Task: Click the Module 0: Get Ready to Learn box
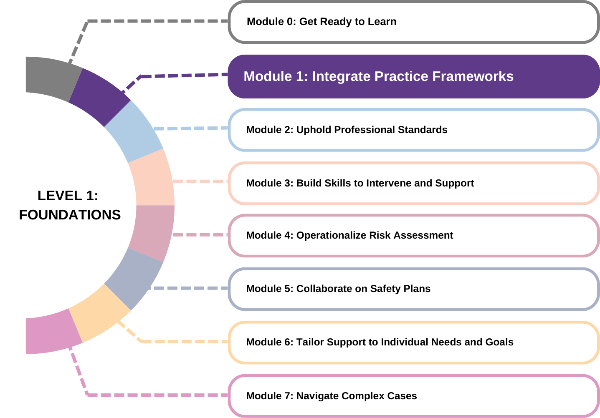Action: pyautogui.click(x=413, y=22)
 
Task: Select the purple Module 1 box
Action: pyautogui.click(x=413, y=76)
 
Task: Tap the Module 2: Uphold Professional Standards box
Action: pyautogui.click(x=413, y=130)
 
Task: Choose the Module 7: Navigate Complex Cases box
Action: pyautogui.click(x=413, y=395)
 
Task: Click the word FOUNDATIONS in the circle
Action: pyautogui.click(x=70, y=215)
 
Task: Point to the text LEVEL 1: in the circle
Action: pyautogui.click(x=68, y=196)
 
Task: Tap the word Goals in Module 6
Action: pyautogui.click(x=499, y=342)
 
